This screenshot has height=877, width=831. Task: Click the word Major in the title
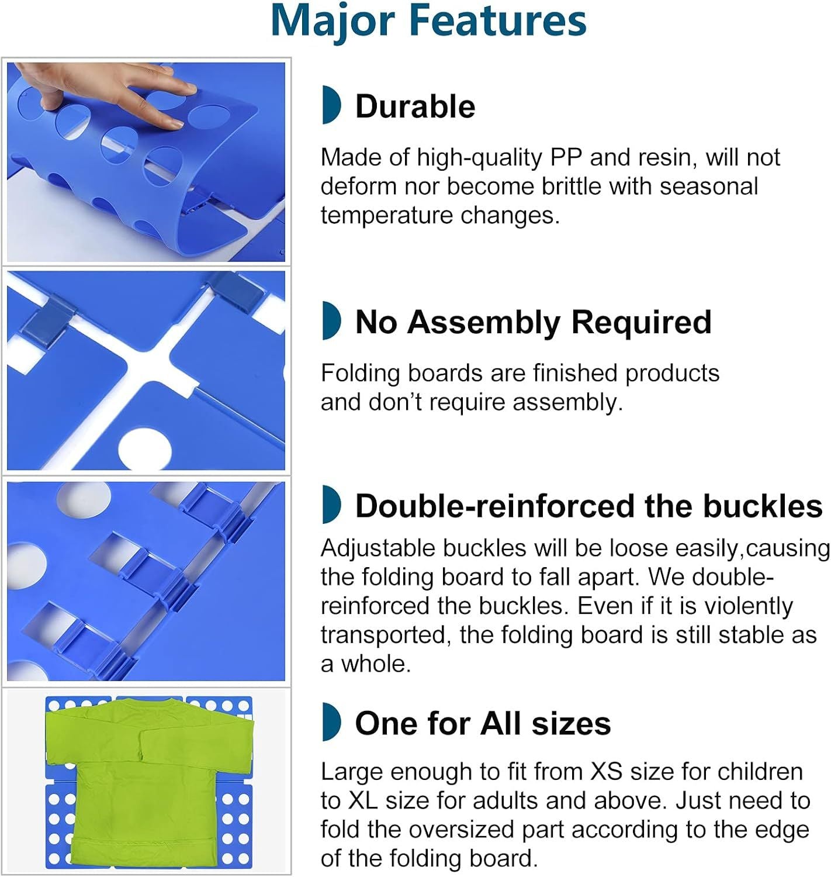point(333,22)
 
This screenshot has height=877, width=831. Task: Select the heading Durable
point(415,106)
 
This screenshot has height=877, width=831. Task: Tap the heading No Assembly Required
point(533,322)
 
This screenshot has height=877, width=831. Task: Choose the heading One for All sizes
point(483,723)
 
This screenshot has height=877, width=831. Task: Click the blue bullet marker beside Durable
point(331,105)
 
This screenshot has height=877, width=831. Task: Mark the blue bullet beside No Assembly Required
point(331,320)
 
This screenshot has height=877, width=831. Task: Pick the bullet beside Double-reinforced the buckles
point(331,504)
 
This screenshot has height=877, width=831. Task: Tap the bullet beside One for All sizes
point(331,721)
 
